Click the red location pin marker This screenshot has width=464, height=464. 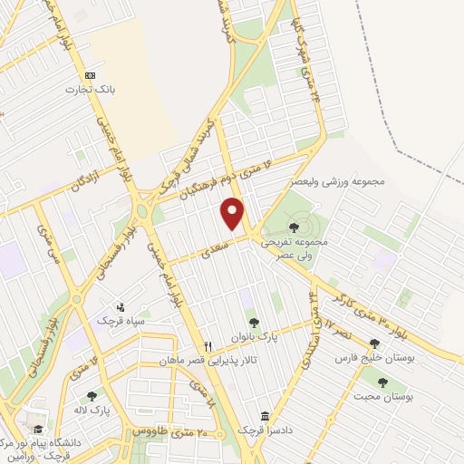point(234,214)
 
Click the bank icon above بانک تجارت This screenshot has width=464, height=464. point(89,75)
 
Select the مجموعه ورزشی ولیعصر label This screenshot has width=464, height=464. point(338,181)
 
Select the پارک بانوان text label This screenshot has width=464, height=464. point(256,336)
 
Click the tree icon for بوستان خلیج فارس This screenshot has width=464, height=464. point(373,343)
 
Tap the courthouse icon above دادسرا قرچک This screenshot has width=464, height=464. point(265,416)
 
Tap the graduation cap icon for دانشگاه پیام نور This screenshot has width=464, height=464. point(38,429)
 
